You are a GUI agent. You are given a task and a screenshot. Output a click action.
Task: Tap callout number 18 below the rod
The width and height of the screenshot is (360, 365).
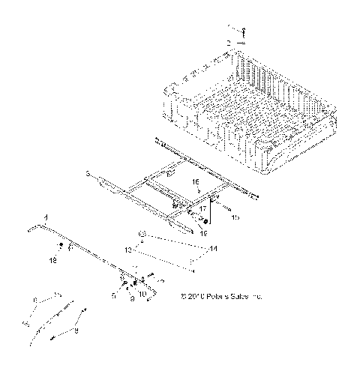[52, 260]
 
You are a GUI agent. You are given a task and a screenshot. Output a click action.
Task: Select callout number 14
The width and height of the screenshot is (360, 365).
[214, 247]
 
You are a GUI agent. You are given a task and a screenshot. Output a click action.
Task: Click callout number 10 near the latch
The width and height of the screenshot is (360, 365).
[142, 294]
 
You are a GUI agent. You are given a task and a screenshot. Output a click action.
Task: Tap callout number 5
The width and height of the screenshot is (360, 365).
[113, 296]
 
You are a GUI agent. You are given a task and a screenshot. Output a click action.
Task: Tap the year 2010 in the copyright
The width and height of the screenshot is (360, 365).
[197, 297]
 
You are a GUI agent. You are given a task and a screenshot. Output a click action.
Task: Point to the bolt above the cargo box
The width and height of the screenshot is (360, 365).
[242, 31]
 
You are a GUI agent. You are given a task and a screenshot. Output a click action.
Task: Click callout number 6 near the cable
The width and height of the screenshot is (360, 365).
[34, 299]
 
